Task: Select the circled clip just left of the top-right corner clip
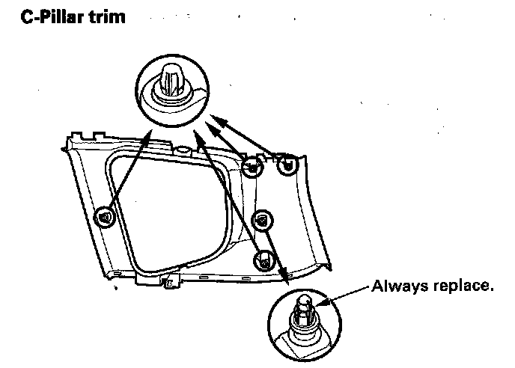254,167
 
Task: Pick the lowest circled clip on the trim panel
263,260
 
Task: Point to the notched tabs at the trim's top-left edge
82,135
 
